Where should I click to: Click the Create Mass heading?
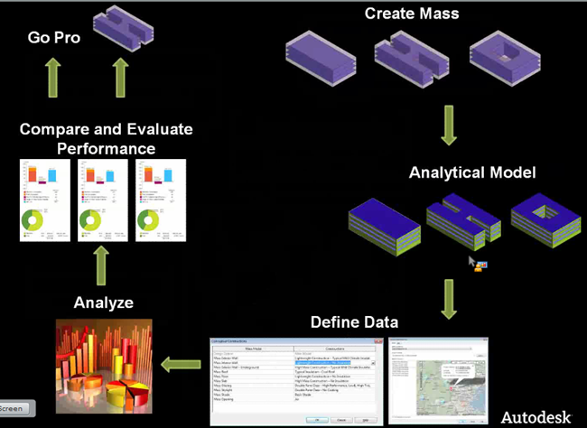click(412, 14)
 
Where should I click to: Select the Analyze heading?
click(104, 302)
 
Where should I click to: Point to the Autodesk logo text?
click(536, 416)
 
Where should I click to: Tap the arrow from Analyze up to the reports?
click(102, 265)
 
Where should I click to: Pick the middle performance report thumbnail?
click(103, 199)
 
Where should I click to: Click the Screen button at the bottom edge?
click(15, 408)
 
